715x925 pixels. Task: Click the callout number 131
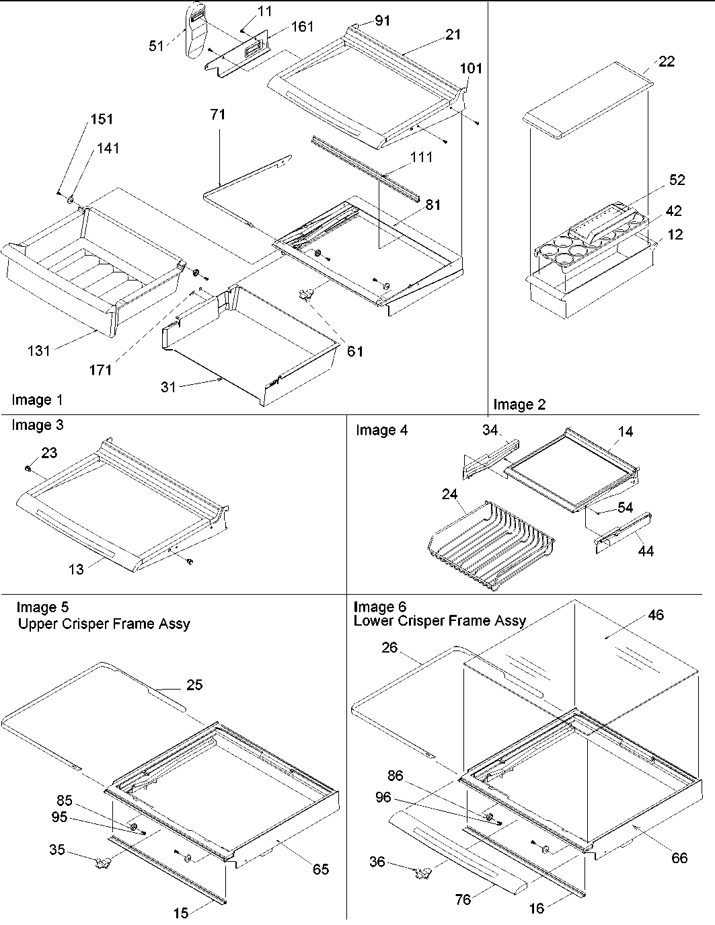pos(38,350)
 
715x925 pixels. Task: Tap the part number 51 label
pos(155,46)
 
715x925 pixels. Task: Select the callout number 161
pos(302,27)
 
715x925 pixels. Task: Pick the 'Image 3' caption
pos(38,425)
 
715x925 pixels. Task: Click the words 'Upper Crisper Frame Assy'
pos(104,624)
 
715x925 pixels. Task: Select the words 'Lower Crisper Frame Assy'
pos(440,620)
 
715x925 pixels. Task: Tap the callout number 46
pos(655,615)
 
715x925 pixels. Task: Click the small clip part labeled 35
pos(103,860)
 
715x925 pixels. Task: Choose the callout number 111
pos(421,157)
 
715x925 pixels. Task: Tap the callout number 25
pos(194,685)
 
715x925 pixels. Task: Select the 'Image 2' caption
pos(519,404)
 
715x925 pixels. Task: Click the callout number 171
pos(100,369)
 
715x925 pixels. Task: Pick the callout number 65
pos(321,869)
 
